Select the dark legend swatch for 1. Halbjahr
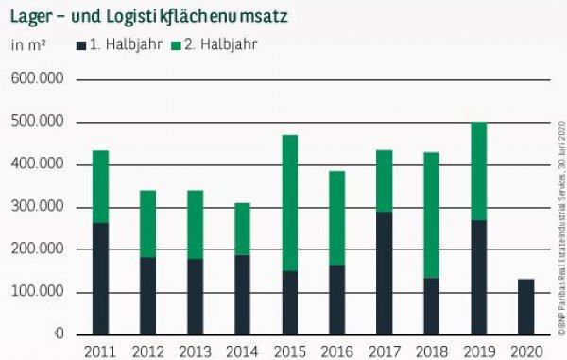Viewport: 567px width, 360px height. (x=81, y=44)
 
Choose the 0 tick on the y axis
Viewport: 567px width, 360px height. (x=59, y=334)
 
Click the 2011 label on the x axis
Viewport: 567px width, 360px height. (x=100, y=351)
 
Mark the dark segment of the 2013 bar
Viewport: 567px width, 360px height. (x=195, y=297)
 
